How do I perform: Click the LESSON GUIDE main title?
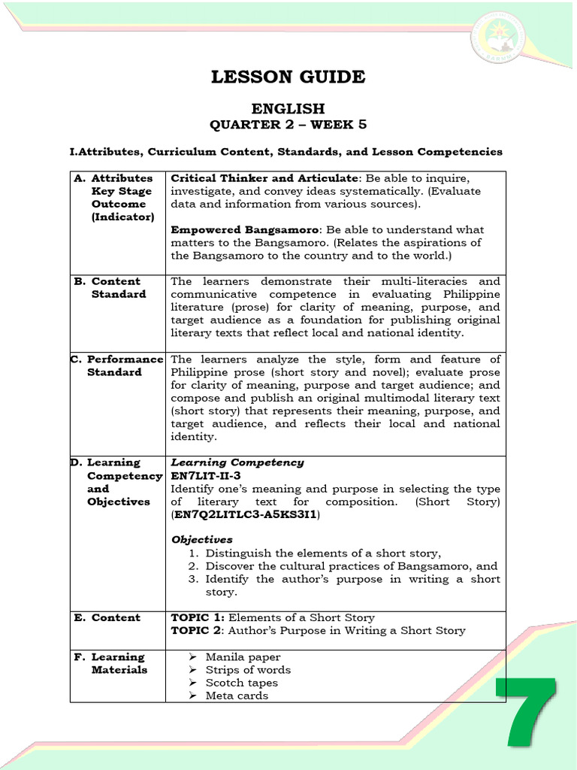pyautogui.click(x=288, y=77)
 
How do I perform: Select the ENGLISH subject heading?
pyautogui.click(x=288, y=109)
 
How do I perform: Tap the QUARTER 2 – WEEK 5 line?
pyautogui.click(x=288, y=125)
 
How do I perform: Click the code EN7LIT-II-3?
pyautogui.click(x=207, y=476)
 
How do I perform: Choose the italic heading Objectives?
pyautogui.click(x=202, y=540)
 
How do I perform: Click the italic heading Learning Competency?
pyautogui.click(x=237, y=462)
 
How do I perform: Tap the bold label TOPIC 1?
pyautogui.click(x=198, y=617)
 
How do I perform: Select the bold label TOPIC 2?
pyautogui.click(x=198, y=630)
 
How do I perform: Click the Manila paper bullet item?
pyautogui.click(x=240, y=657)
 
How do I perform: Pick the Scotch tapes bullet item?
pyautogui.click(x=242, y=683)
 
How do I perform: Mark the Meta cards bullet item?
pyautogui.click(x=237, y=696)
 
